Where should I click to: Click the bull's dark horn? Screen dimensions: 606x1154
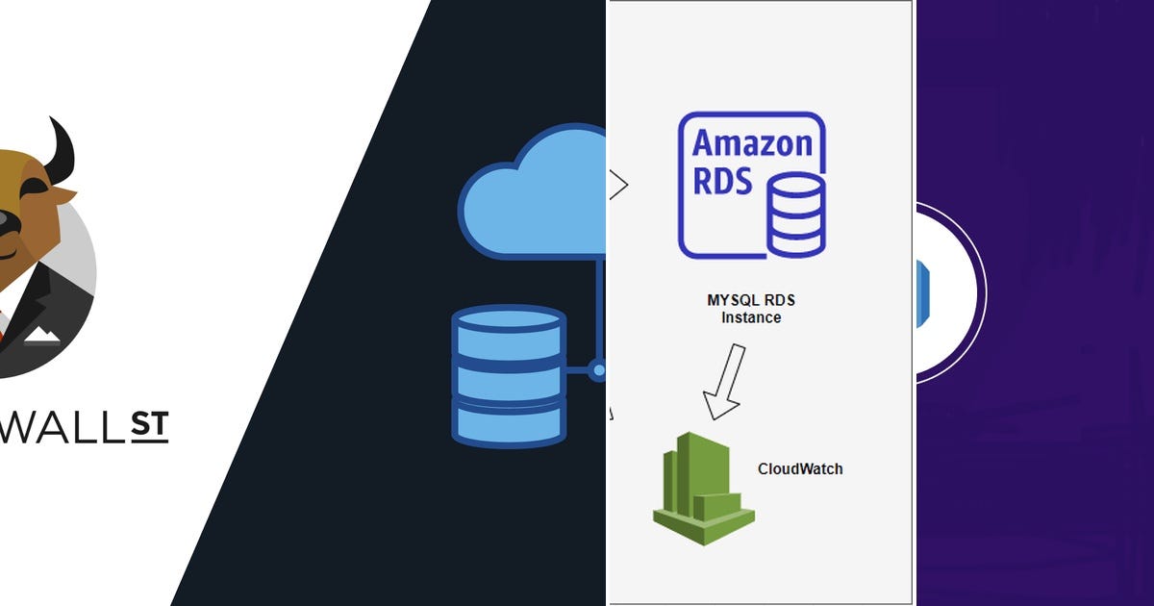[61, 149]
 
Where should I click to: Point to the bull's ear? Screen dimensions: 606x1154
[62, 194]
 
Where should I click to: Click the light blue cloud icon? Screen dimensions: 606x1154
[539, 197]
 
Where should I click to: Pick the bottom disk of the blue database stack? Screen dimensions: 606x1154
[508, 423]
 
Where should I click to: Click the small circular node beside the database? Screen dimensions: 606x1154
[598, 369]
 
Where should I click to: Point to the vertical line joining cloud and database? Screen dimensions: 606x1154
[598, 308]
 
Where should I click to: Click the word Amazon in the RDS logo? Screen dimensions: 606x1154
[752, 143]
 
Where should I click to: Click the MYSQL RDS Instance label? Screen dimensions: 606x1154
[751, 309]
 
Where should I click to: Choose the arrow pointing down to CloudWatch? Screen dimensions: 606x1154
[724, 381]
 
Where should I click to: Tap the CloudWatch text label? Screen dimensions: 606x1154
[800, 469]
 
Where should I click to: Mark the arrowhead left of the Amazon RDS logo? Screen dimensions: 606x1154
[617, 184]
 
